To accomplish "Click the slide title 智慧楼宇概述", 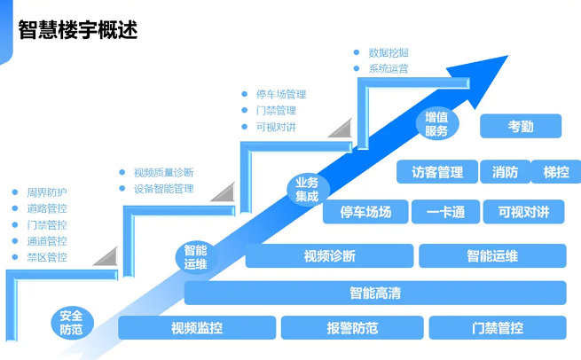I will coord(77,29).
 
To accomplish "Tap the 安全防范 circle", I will coord(72,322).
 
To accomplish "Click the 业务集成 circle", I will coord(307,190).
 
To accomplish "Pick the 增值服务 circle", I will coord(436,124).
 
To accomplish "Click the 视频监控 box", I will coord(197,328).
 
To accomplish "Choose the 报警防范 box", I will coord(352,328).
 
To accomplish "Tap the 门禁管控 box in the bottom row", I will coord(498,328).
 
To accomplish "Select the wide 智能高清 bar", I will coord(374,293).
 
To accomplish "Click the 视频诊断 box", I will coord(329,256).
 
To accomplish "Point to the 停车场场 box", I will coord(365,212).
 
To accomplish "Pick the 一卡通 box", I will coord(445,212).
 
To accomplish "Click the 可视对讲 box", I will coord(523,212).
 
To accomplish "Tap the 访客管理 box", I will coord(438,172).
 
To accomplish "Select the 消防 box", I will coord(505,172).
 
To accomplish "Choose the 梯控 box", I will coord(556,172).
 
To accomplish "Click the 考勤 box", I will coord(521,126).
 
